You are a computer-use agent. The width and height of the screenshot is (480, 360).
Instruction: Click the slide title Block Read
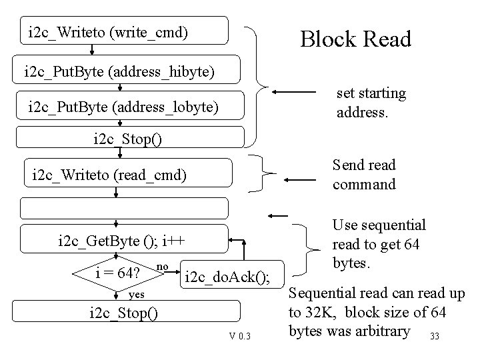point(355,39)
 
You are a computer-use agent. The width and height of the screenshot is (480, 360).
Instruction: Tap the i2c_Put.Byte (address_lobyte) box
point(123,107)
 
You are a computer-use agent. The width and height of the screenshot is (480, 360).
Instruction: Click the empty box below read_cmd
point(123,209)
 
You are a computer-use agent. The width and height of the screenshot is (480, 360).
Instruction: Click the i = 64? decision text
point(117,273)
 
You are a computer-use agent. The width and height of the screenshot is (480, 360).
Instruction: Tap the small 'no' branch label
point(161,267)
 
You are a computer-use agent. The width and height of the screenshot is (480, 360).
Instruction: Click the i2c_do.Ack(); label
point(227,277)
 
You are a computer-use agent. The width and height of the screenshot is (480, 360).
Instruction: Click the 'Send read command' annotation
point(363,174)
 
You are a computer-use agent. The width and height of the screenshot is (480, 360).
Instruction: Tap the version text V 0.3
point(239,335)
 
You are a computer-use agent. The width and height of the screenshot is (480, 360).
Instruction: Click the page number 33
point(435,335)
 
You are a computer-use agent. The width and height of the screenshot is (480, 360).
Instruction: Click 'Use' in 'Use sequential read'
point(345,226)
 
